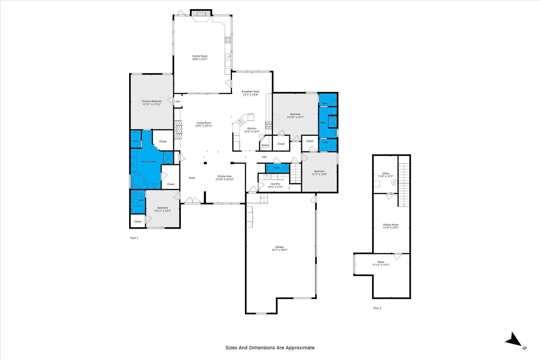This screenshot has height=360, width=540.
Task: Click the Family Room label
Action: pos(200,56)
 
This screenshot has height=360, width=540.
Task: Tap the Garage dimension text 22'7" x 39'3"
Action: pos(279,250)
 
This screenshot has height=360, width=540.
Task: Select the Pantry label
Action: pos(265,145)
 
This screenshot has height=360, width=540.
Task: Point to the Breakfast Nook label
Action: pos(250,91)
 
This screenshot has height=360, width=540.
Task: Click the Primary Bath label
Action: pos(149,162)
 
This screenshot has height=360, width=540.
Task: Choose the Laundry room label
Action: pos(275,184)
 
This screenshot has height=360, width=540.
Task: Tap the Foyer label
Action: pos(192,178)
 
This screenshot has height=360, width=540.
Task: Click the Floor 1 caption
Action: pos(134,238)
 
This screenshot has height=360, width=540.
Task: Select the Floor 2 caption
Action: pos(377,308)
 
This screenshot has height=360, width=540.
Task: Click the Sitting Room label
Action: pos(391,225)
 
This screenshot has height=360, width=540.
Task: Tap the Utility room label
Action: pos(386,173)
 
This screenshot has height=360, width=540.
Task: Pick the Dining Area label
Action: pos(225,176)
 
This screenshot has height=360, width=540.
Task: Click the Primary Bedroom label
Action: pos(152,101)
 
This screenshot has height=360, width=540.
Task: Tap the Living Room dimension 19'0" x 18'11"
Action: pos(204,126)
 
